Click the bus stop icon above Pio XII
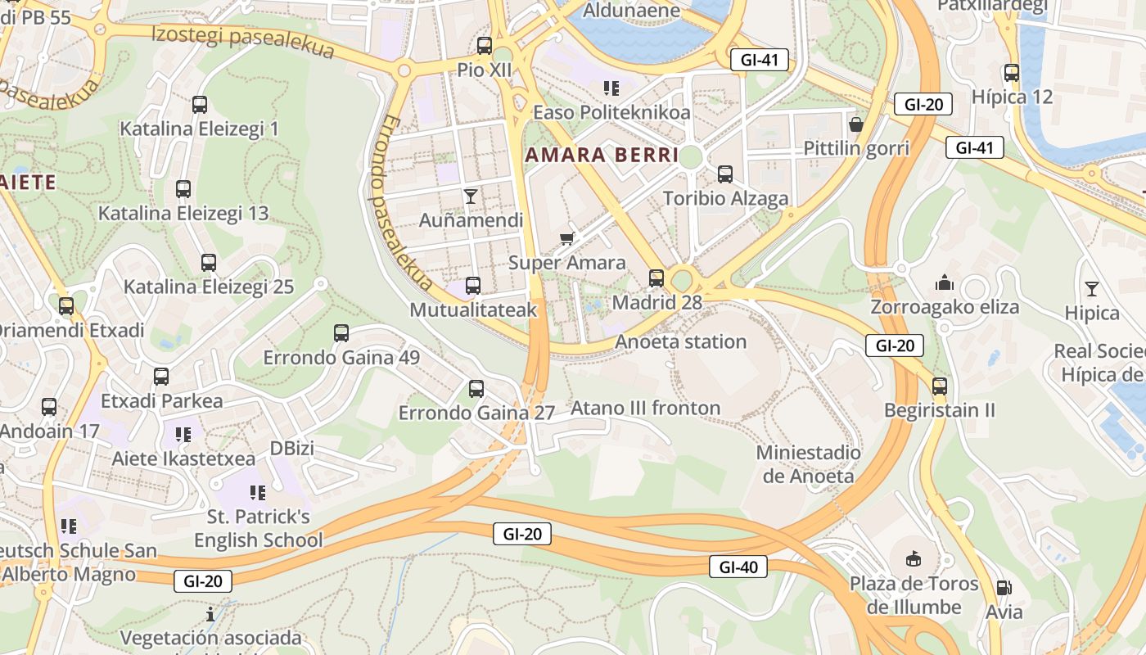point(485,46)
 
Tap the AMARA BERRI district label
point(602,155)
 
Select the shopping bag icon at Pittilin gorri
point(856,124)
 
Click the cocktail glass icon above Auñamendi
point(471,196)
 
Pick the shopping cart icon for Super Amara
point(566,238)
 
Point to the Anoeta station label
point(681,341)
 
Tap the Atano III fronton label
point(645,408)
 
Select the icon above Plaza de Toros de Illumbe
point(914,559)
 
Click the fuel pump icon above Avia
point(1004,587)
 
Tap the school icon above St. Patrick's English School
point(258,492)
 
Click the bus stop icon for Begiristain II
point(940,386)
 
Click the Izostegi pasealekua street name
point(243,41)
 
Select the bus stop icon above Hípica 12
point(1012,72)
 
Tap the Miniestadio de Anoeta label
point(809,464)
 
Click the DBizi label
point(292,448)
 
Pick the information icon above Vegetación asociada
point(210,613)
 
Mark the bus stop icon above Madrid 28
point(656,278)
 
